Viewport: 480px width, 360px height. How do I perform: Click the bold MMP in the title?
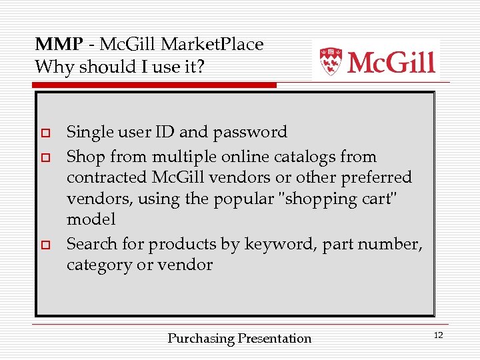coord(59,45)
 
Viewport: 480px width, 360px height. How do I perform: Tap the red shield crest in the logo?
coord(330,61)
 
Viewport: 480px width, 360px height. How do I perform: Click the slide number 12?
coord(438,335)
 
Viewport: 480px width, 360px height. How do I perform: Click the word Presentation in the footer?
coord(275,339)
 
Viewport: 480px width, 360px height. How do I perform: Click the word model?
coord(91,219)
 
